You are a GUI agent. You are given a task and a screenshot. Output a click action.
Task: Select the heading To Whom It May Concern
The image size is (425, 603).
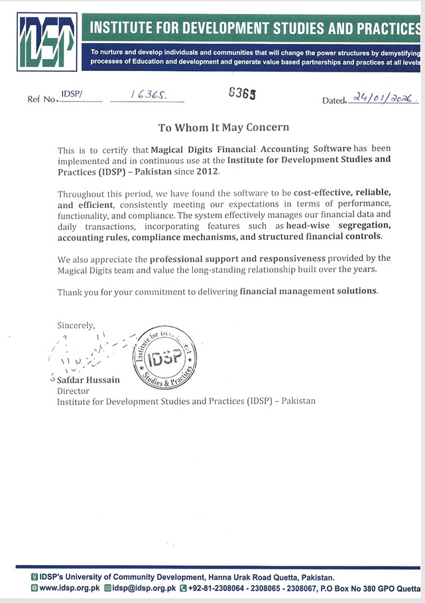tap(223, 127)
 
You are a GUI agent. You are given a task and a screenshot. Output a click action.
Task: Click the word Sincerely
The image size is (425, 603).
tap(76, 325)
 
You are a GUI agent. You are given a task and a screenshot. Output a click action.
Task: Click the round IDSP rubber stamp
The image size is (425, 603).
tap(165, 359)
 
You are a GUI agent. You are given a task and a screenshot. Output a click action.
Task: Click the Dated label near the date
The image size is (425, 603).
tap(334, 101)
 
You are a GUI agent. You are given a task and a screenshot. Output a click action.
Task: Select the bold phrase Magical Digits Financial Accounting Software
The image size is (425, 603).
tap(251, 150)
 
